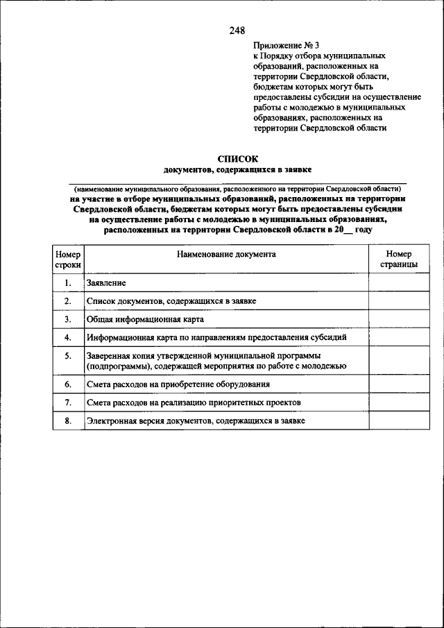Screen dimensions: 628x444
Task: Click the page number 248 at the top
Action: pyautogui.click(x=237, y=30)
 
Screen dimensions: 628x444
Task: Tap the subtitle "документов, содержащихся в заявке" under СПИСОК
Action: pyautogui.click(x=237, y=169)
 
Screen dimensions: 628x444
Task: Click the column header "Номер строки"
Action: pyautogui.click(x=68, y=260)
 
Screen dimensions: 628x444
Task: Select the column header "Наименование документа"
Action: pyautogui.click(x=226, y=254)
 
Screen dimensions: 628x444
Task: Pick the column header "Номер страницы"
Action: pyautogui.click(x=399, y=260)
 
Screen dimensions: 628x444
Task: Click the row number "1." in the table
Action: pyautogui.click(x=68, y=282)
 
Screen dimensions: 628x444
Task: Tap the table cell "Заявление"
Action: pyautogui.click(x=106, y=282)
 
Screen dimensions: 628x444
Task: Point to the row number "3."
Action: pyautogui.click(x=68, y=319)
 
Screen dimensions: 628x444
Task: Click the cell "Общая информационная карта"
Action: pyautogui.click(x=145, y=319)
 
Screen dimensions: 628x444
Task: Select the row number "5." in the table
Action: pyautogui.click(x=68, y=356)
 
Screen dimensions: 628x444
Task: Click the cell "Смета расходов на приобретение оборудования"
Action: pyautogui.click(x=178, y=384)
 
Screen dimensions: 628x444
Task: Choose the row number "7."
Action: pyautogui.click(x=68, y=402)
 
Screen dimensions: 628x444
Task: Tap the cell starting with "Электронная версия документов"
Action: pyautogui.click(x=196, y=421)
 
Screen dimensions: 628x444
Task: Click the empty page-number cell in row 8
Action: pyautogui.click(x=399, y=421)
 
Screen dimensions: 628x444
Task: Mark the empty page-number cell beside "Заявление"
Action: pyautogui.click(x=399, y=282)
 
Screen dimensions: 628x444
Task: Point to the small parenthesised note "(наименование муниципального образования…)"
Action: pyautogui.click(x=237, y=189)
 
